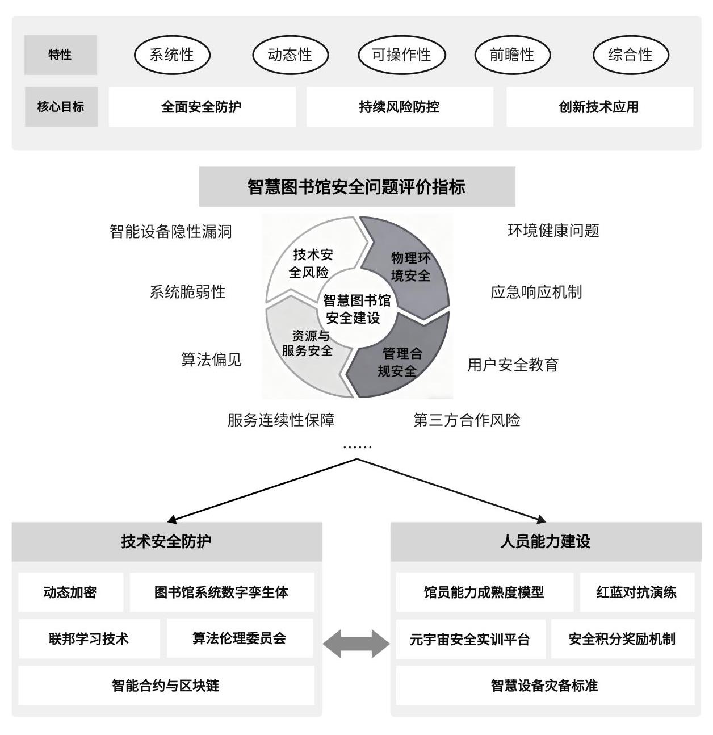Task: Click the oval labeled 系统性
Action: coord(172,55)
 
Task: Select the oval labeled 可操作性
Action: coord(401,55)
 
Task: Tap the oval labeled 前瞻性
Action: coord(512,55)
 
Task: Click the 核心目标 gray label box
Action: coord(61,107)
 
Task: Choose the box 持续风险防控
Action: coord(400,107)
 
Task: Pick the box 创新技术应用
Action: coord(599,107)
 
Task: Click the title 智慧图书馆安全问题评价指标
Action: coord(357,186)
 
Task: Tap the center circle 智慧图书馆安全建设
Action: coord(357,308)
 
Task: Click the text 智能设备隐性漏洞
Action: coord(171,231)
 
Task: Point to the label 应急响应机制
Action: coord(536,292)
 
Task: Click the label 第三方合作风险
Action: coord(467,420)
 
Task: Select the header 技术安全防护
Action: coord(167,541)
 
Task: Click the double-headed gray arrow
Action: coord(356,644)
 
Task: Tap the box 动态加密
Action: coord(70,592)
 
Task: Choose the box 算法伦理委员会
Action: coord(240,638)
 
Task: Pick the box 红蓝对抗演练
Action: coord(637,592)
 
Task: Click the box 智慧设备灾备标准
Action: coord(544,685)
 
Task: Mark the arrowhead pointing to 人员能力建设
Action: coord(542,520)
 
